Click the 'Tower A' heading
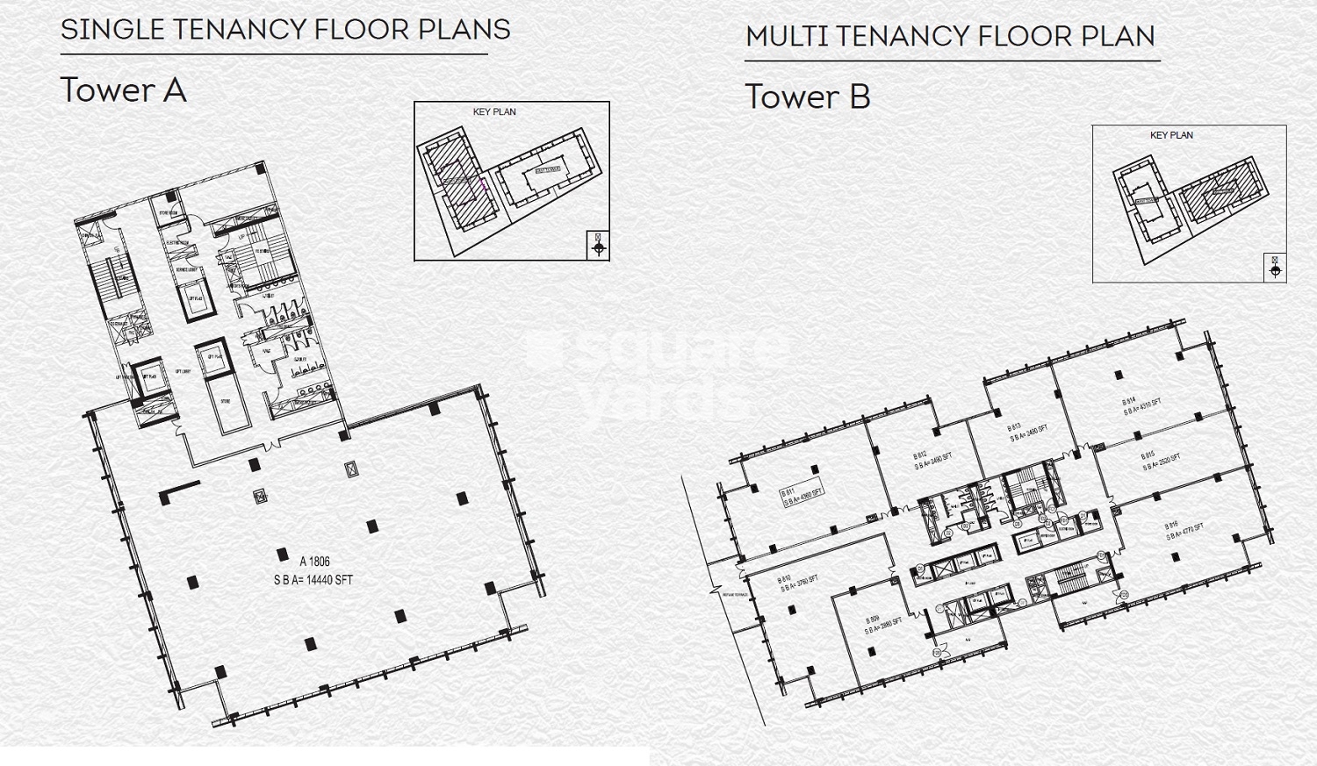coord(123,90)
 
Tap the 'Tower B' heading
coord(807,97)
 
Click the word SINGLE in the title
coord(112,29)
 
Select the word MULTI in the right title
coord(788,37)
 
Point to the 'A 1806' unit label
coord(314,562)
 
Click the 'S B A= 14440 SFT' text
coord(313,580)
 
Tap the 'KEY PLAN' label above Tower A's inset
coord(494,112)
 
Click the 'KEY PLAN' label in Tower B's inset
coord(1171,135)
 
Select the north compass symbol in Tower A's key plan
coord(599,245)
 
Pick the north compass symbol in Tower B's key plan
coord(1276,268)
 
